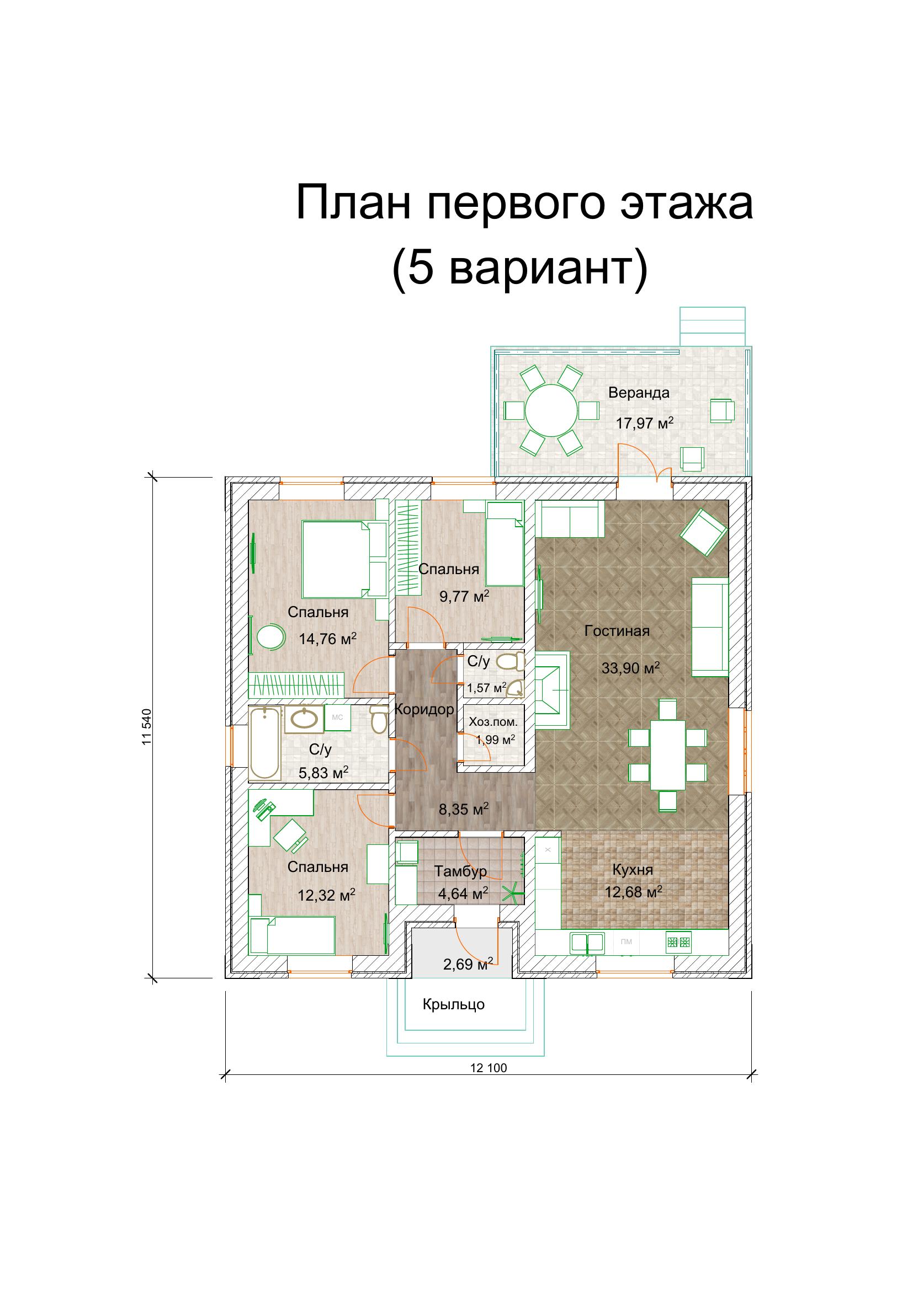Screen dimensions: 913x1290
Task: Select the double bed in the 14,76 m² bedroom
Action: point(344,560)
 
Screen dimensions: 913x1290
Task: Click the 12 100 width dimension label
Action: point(489,1068)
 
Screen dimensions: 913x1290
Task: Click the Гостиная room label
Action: point(617,631)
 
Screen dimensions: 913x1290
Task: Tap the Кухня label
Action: point(633,870)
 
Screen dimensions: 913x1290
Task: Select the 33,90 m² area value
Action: point(630,668)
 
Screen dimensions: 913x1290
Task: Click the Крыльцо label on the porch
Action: point(453,1004)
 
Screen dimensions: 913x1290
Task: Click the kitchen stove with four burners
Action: point(678,942)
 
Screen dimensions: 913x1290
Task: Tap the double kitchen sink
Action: point(587,942)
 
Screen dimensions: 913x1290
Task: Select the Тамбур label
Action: point(460,871)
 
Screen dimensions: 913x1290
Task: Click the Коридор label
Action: point(423,710)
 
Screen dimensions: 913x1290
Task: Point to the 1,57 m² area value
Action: point(486,688)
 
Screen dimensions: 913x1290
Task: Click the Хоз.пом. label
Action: point(493,722)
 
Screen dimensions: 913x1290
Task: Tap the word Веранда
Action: point(639,393)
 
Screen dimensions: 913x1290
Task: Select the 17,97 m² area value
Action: point(644,423)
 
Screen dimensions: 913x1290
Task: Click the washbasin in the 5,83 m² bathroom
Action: point(305,719)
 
